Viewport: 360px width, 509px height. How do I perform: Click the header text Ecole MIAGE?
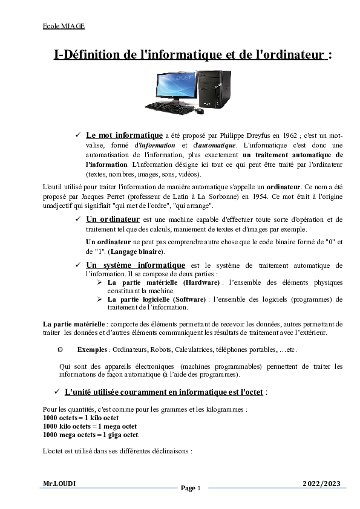point(64,27)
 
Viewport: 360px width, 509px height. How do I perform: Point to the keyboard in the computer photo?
point(166,108)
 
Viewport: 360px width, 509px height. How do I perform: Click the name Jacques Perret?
point(97,198)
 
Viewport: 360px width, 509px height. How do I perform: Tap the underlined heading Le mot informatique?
point(125,135)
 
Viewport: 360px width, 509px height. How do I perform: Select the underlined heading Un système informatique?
point(136,265)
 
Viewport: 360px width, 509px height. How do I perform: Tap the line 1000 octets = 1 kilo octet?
point(80,418)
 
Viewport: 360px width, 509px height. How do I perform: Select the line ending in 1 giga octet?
point(91,434)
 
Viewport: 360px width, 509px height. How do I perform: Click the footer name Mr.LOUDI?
point(59,484)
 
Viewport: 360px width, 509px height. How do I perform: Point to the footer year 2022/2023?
point(321,484)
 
